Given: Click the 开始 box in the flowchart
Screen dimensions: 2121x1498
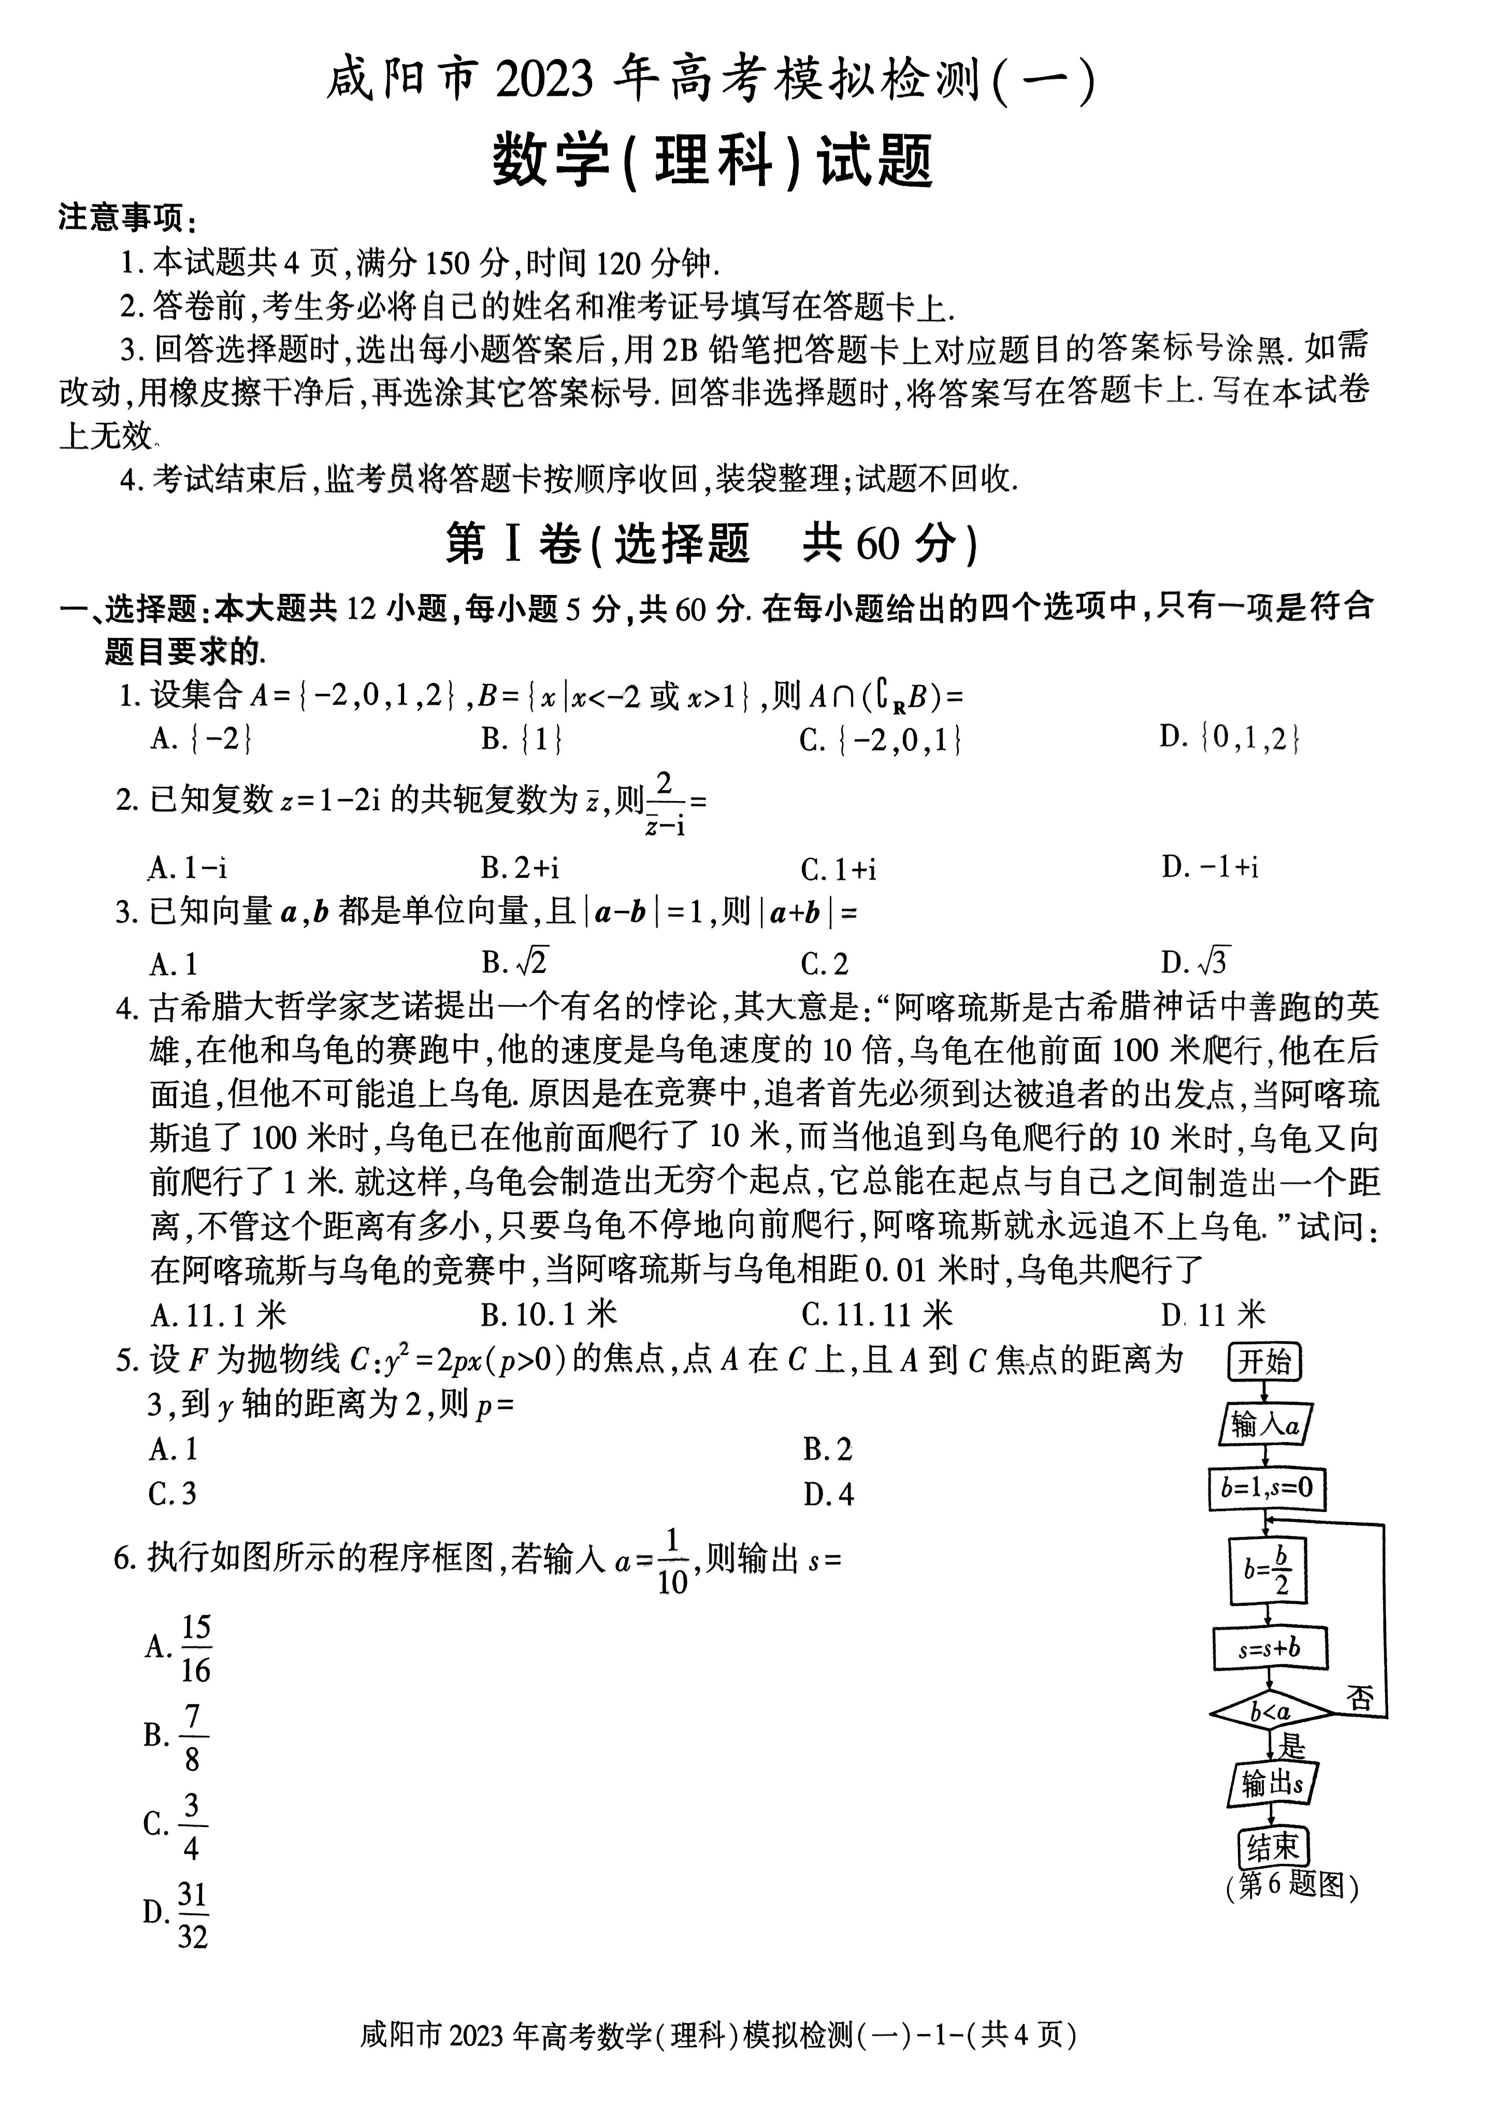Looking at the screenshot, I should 1264,1362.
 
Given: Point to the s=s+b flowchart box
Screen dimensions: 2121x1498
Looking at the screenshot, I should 1270,1647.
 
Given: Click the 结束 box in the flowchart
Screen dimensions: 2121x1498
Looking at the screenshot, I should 1273,1848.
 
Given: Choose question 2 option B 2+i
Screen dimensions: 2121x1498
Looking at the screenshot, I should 520,867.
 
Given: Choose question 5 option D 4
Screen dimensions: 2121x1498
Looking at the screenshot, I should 828,1494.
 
